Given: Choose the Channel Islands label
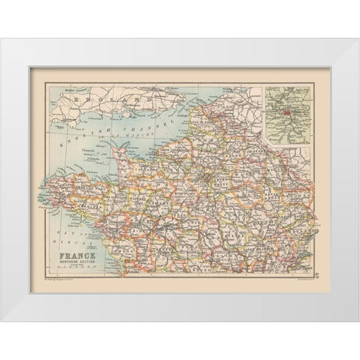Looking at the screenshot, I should (87, 151).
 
